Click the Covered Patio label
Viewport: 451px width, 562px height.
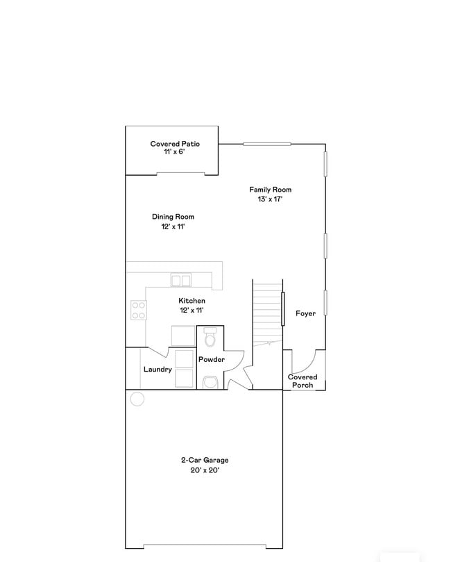[175, 144]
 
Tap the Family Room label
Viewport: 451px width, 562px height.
[270, 189]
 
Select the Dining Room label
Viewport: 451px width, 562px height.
[173, 217]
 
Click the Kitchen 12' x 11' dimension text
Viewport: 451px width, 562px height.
[192, 311]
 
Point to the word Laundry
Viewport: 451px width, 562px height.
[158, 370]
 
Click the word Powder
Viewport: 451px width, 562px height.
[212, 359]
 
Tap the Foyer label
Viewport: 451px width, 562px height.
[305, 313]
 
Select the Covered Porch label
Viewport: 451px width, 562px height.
[303, 381]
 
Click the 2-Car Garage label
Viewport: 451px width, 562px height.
[205, 460]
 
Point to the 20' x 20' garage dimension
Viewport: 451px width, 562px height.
[205, 470]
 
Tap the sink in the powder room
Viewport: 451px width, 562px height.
[211, 381]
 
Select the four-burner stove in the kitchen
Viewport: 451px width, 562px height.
[139, 310]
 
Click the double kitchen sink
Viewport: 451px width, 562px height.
[182, 280]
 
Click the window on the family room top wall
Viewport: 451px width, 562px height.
[266, 144]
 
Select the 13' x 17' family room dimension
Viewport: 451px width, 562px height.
[270, 199]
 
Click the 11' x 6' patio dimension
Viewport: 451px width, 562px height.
[175, 152]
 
